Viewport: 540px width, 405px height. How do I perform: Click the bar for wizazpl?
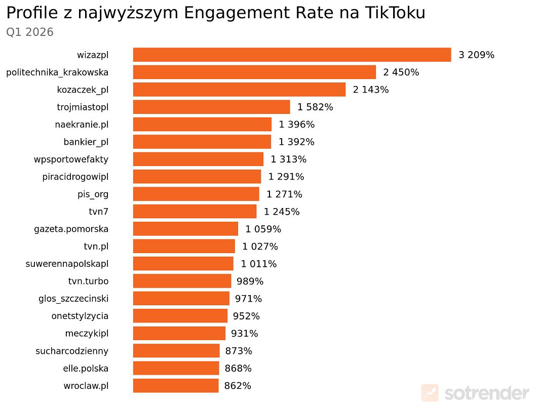coord(292,55)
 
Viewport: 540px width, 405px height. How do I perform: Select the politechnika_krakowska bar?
coord(254,72)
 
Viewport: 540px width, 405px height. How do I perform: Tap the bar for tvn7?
coord(195,212)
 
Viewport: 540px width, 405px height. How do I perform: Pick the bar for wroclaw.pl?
coord(175,386)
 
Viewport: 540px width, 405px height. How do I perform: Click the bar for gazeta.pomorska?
coord(185,229)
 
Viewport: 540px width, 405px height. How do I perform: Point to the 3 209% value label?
coord(476,55)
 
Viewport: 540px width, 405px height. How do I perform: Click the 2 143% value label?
coord(371,90)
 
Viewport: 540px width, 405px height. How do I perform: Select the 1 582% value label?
coord(315,107)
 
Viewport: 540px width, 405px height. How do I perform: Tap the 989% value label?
coord(250,281)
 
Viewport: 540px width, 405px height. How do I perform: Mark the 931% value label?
coord(245,334)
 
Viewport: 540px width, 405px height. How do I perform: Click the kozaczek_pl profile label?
coord(83,90)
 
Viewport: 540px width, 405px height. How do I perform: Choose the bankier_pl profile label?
coord(86,142)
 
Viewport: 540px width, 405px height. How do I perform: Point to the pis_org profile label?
coord(93,194)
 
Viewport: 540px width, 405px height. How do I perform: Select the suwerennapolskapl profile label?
coord(67,264)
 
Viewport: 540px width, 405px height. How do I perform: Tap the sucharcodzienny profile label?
coord(72,351)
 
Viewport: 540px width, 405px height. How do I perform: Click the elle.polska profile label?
coord(83,368)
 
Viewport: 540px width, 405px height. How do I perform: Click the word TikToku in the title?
coord(395,13)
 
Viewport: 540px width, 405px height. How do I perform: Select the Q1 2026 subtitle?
coord(30,32)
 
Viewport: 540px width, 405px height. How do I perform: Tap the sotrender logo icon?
coord(430,392)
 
